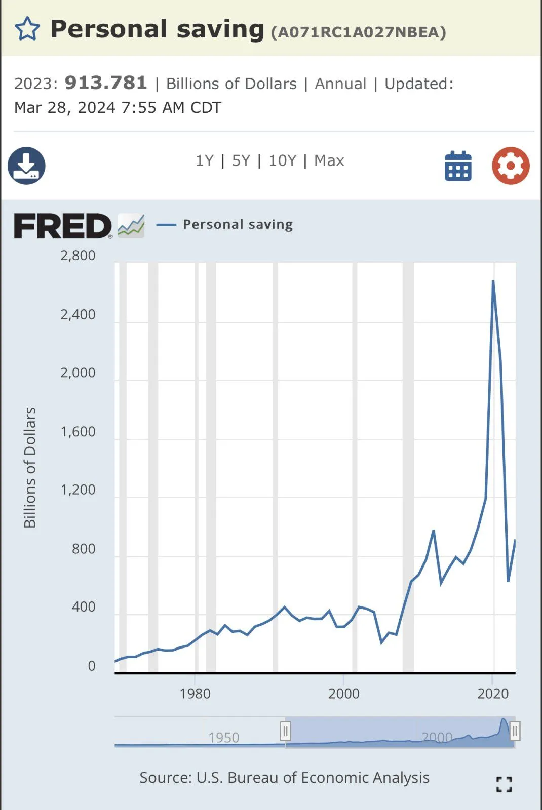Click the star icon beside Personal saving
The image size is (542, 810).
pyautogui.click(x=27, y=29)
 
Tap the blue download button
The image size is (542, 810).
pyautogui.click(x=26, y=166)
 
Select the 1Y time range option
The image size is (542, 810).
pyautogui.click(x=205, y=161)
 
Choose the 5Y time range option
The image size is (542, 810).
pyautogui.click(x=241, y=161)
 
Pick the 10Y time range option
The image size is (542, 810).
pyautogui.click(x=282, y=161)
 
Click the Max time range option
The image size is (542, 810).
pyautogui.click(x=329, y=161)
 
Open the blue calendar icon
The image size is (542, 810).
pyautogui.click(x=458, y=166)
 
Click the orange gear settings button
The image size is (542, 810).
pyautogui.click(x=511, y=166)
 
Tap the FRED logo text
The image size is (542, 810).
pyautogui.click(x=63, y=226)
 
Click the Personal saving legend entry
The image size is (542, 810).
pyautogui.click(x=238, y=224)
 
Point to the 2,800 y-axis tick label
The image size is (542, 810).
pyautogui.click(x=78, y=256)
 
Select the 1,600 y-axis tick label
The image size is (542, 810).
pyautogui.click(x=78, y=432)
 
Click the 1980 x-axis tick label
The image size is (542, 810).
pyautogui.click(x=195, y=694)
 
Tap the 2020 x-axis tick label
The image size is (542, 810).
pyautogui.click(x=493, y=694)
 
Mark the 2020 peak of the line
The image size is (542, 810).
pyautogui.click(x=493, y=281)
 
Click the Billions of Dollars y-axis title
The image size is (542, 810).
pyautogui.click(x=30, y=467)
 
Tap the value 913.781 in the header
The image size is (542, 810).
pyautogui.click(x=106, y=83)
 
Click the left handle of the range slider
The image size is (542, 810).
pyautogui.click(x=285, y=731)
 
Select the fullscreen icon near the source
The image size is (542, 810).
pyautogui.click(x=504, y=784)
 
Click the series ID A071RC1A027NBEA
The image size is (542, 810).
pyautogui.click(x=359, y=32)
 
